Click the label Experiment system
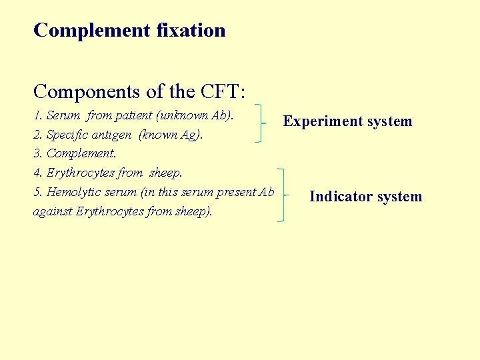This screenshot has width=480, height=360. point(347,121)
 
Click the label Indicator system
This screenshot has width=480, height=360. point(365,197)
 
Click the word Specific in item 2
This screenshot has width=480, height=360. point(69,135)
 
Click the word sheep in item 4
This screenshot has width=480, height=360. point(165,173)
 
